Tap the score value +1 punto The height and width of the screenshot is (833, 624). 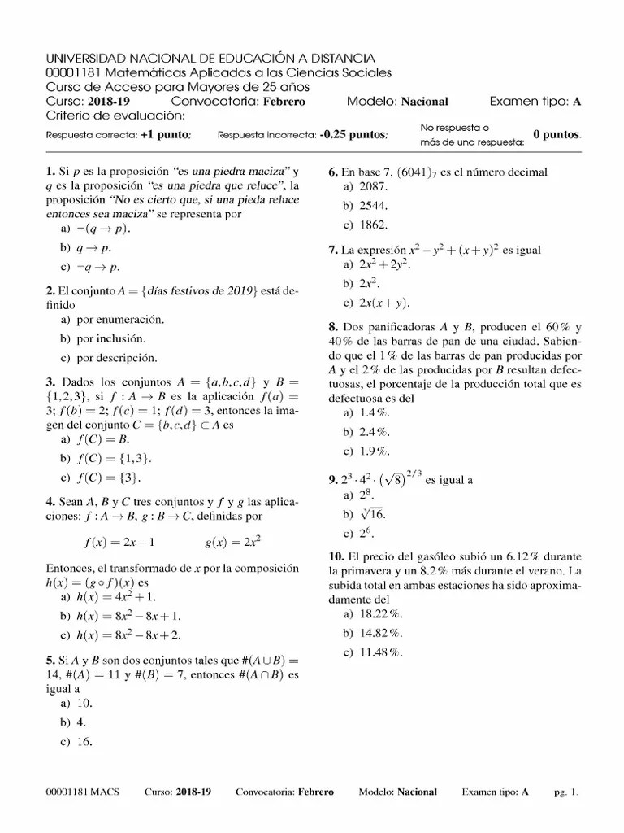pyautogui.click(x=166, y=134)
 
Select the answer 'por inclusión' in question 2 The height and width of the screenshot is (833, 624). pyautogui.click(x=110, y=338)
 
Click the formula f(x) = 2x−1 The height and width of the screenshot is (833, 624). pyautogui.click(x=119, y=542)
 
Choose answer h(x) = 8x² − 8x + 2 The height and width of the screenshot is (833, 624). pyautogui.click(x=128, y=635)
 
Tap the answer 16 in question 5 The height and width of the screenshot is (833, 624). pyautogui.click(x=84, y=741)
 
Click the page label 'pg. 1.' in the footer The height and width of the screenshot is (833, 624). pyautogui.click(x=565, y=792)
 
